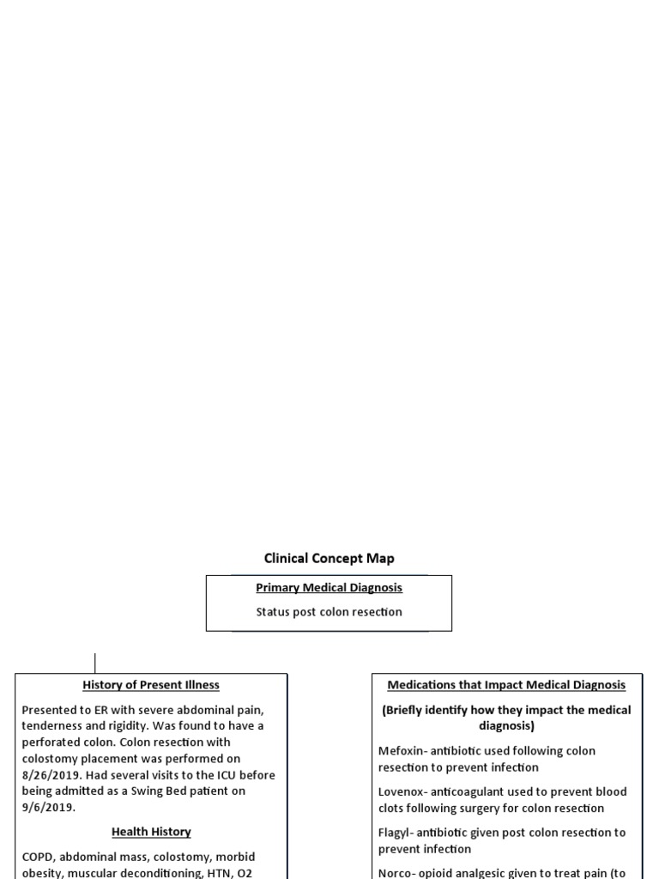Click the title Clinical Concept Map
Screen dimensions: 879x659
click(329, 559)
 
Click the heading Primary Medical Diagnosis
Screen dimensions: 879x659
click(329, 588)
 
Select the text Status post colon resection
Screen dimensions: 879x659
click(329, 612)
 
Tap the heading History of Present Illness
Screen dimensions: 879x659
click(151, 685)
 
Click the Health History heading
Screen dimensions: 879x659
click(151, 832)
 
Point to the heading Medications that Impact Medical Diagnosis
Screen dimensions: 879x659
click(506, 685)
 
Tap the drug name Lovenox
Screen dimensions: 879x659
click(402, 791)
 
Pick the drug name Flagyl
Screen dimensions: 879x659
click(395, 833)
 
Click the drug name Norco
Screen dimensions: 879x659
click(396, 873)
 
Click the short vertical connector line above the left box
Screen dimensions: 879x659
click(94, 663)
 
